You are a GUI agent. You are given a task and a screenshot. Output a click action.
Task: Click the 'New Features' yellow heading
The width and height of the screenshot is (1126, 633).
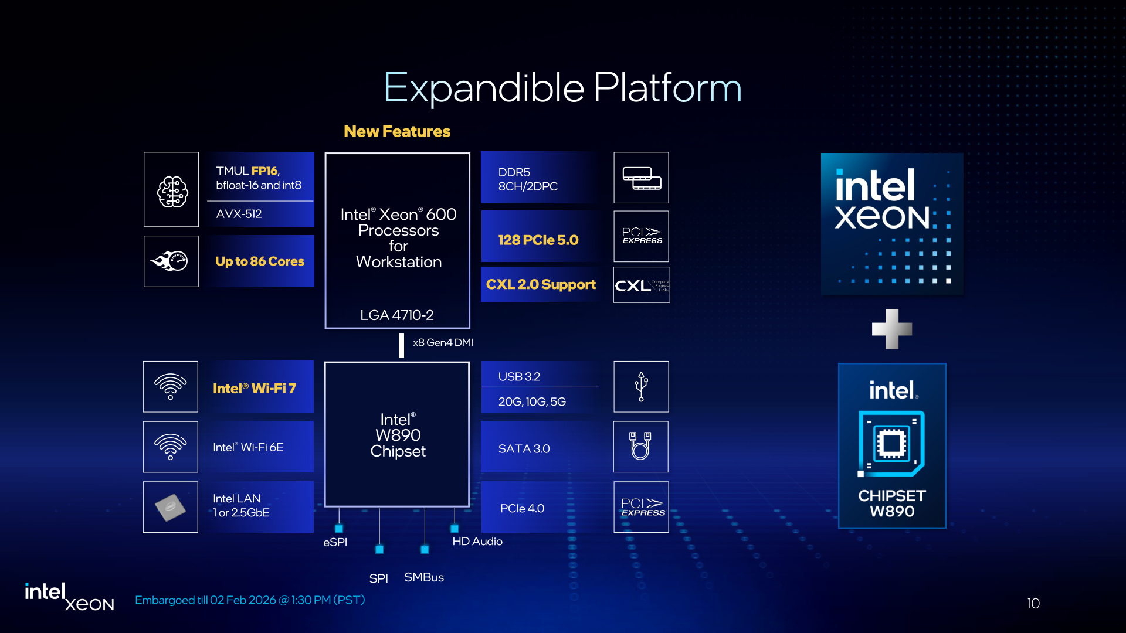(x=397, y=131)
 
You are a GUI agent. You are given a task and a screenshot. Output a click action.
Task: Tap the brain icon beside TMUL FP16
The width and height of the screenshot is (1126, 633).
(x=172, y=190)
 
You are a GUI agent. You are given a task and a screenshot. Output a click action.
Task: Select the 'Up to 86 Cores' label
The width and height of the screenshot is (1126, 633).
(x=260, y=261)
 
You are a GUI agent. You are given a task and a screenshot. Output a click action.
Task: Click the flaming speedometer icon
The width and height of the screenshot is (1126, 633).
(x=171, y=261)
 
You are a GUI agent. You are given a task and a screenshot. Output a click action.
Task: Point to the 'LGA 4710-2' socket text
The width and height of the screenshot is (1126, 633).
(x=397, y=315)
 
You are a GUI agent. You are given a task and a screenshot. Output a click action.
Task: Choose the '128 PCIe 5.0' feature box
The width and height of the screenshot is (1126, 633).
(x=538, y=240)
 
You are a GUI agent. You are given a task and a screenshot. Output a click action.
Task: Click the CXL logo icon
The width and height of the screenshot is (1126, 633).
(x=641, y=285)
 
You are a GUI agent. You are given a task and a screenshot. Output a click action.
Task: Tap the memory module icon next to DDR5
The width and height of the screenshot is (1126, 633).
(x=641, y=178)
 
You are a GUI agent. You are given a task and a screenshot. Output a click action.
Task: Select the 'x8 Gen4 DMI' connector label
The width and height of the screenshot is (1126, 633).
(x=443, y=343)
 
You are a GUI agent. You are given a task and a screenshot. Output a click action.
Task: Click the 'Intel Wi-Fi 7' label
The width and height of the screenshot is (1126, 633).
(x=255, y=389)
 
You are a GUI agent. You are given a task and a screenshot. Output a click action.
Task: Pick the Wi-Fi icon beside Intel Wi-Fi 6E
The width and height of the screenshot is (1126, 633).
(x=171, y=447)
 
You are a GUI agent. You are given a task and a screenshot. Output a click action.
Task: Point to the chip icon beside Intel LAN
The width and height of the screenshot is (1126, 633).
(x=171, y=508)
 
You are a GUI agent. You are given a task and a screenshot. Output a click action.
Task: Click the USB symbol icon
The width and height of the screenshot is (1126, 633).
(x=641, y=387)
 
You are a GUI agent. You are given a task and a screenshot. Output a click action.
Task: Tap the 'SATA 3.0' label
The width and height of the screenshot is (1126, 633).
(x=524, y=449)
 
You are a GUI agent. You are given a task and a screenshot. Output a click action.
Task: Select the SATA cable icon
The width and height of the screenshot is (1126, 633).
(x=640, y=447)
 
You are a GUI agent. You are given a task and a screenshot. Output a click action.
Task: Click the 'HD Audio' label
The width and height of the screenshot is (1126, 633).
(x=477, y=542)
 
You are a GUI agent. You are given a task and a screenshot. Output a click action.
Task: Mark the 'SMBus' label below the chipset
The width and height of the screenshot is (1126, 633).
(x=424, y=577)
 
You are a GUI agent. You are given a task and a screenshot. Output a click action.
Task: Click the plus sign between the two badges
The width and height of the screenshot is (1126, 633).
(x=891, y=329)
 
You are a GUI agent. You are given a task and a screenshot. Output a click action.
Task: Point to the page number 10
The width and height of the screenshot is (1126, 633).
(x=1033, y=604)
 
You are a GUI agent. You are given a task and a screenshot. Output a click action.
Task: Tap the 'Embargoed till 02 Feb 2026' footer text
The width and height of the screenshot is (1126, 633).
(x=250, y=600)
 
